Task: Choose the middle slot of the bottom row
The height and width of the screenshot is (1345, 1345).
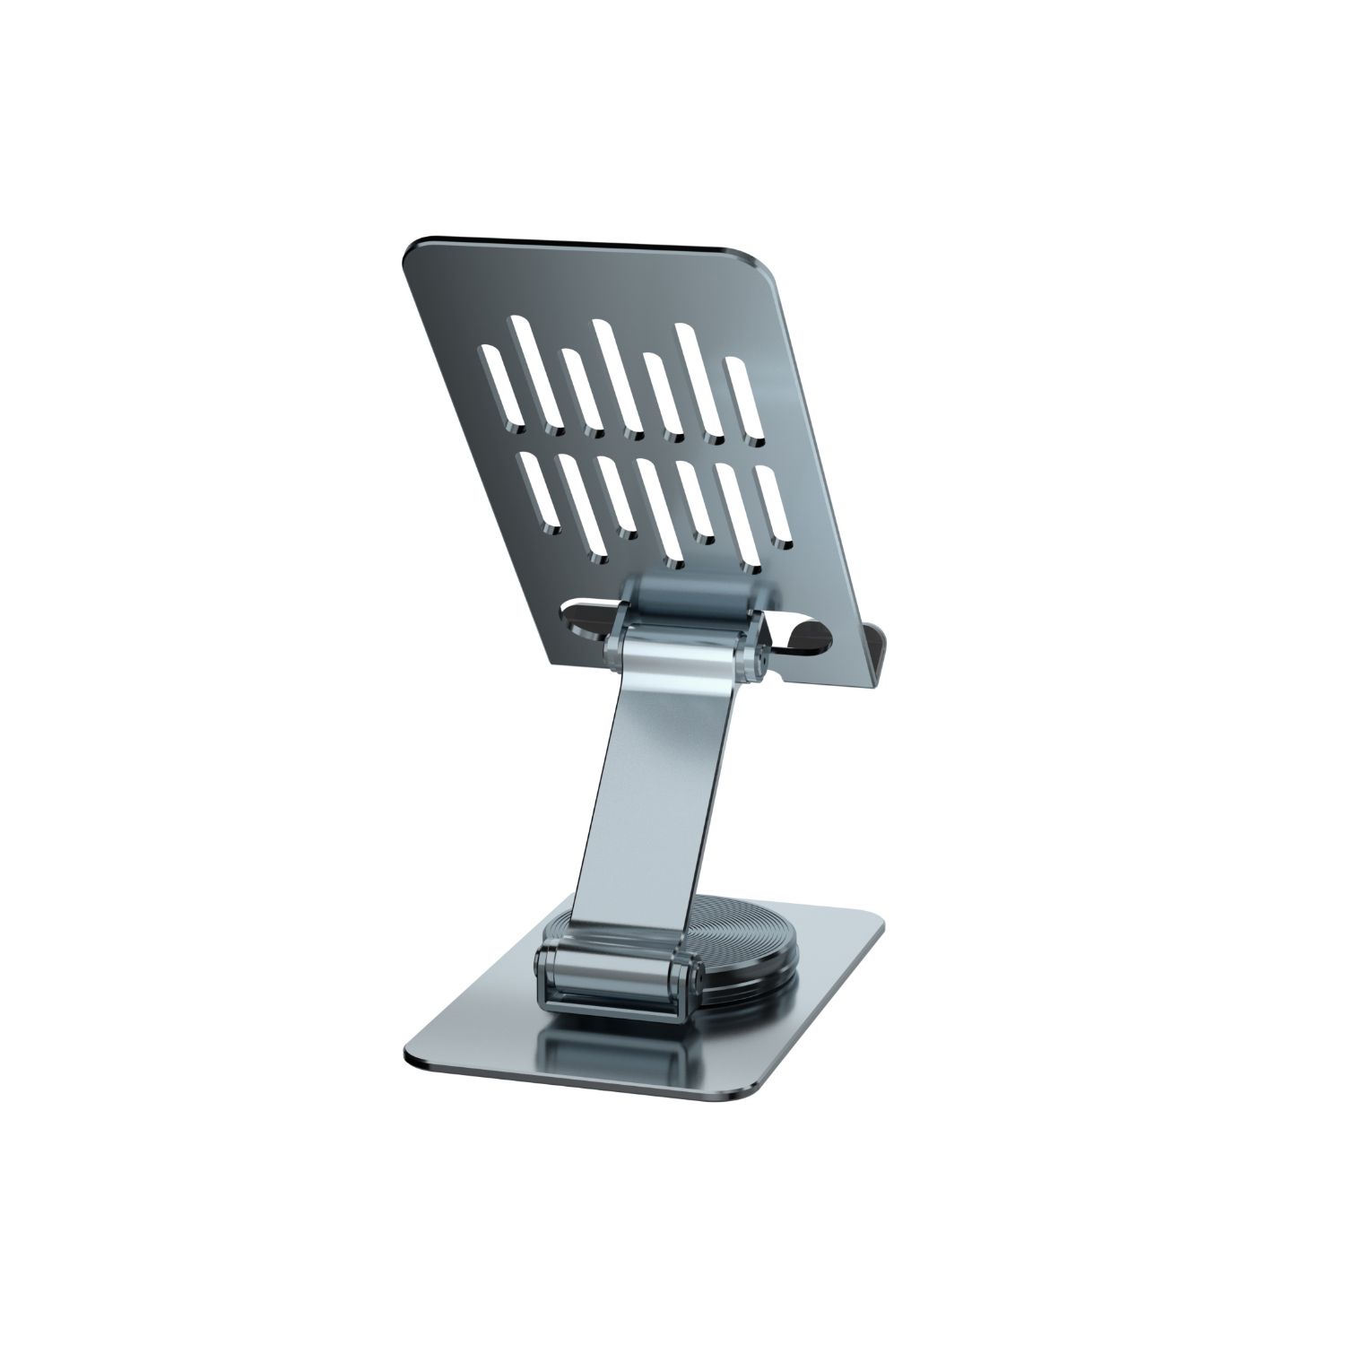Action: (659, 511)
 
